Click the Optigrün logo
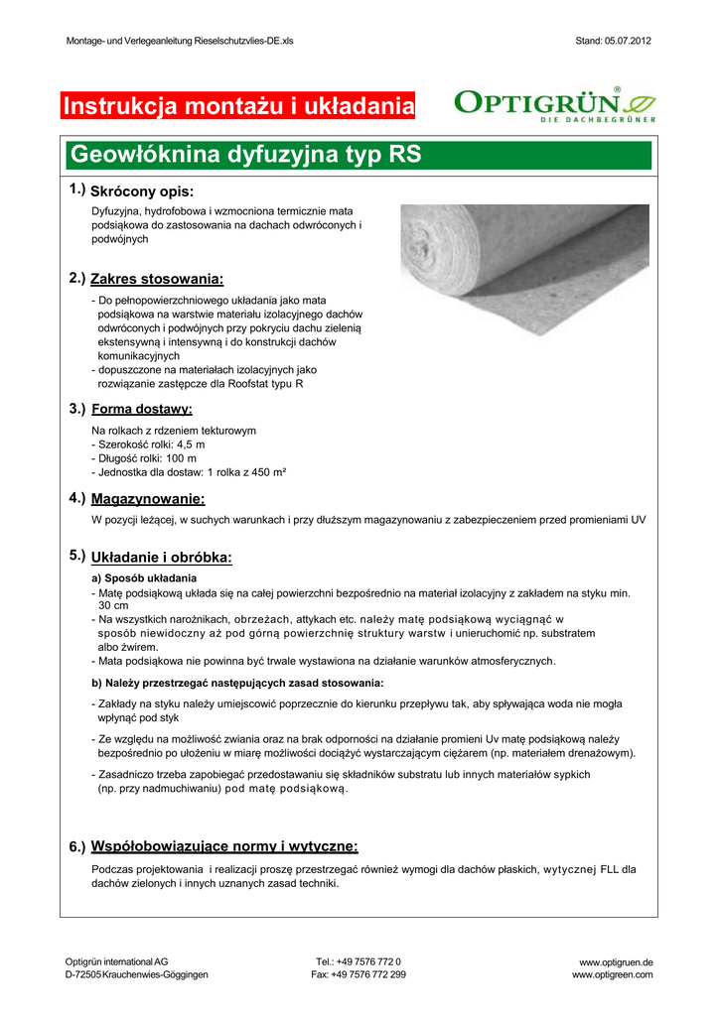[x=554, y=104]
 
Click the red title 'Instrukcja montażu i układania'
[x=237, y=105]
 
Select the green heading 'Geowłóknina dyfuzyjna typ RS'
[x=243, y=156]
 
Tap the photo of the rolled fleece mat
[x=524, y=257]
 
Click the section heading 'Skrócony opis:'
[x=141, y=190]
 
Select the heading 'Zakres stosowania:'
[x=157, y=279]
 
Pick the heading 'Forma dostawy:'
[x=142, y=409]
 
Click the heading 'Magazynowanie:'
[x=148, y=498]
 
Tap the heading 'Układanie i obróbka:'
[x=161, y=558]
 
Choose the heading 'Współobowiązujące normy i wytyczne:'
[x=224, y=846]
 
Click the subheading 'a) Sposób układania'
[x=144, y=577]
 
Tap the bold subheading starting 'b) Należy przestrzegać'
[x=237, y=683]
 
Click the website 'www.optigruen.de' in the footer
[x=616, y=962]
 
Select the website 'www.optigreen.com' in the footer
[x=612, y=975]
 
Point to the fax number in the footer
[x=359, y=975]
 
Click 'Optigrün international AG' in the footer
[x=116, y=962]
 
